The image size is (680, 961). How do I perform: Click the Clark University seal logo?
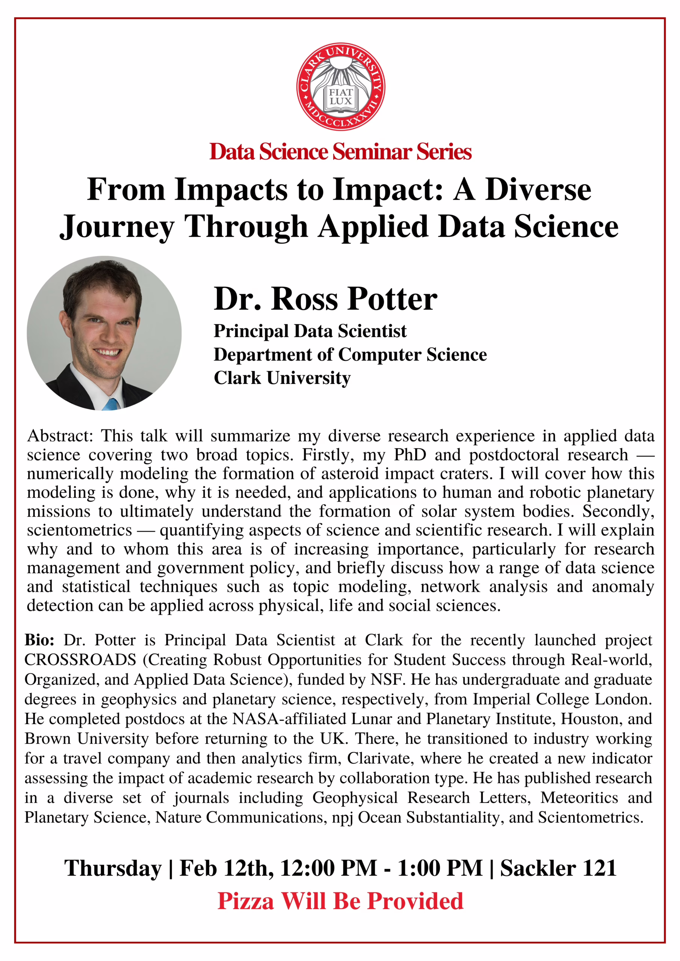(340, 87)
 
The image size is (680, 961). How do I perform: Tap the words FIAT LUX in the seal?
(340, 97)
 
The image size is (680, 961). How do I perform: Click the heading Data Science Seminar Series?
(340, 152)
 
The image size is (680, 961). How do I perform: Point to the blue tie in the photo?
(112, 404)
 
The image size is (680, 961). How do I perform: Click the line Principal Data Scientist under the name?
(310, 331)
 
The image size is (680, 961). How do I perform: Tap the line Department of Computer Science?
(350, 354)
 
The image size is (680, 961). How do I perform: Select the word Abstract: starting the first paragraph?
(60, 436)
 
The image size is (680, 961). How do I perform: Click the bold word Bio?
(39, 640)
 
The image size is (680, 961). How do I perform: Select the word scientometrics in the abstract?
(80, 530)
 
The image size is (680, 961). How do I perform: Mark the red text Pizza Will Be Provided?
(340, 901)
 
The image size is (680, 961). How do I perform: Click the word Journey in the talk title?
(116, 227)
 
